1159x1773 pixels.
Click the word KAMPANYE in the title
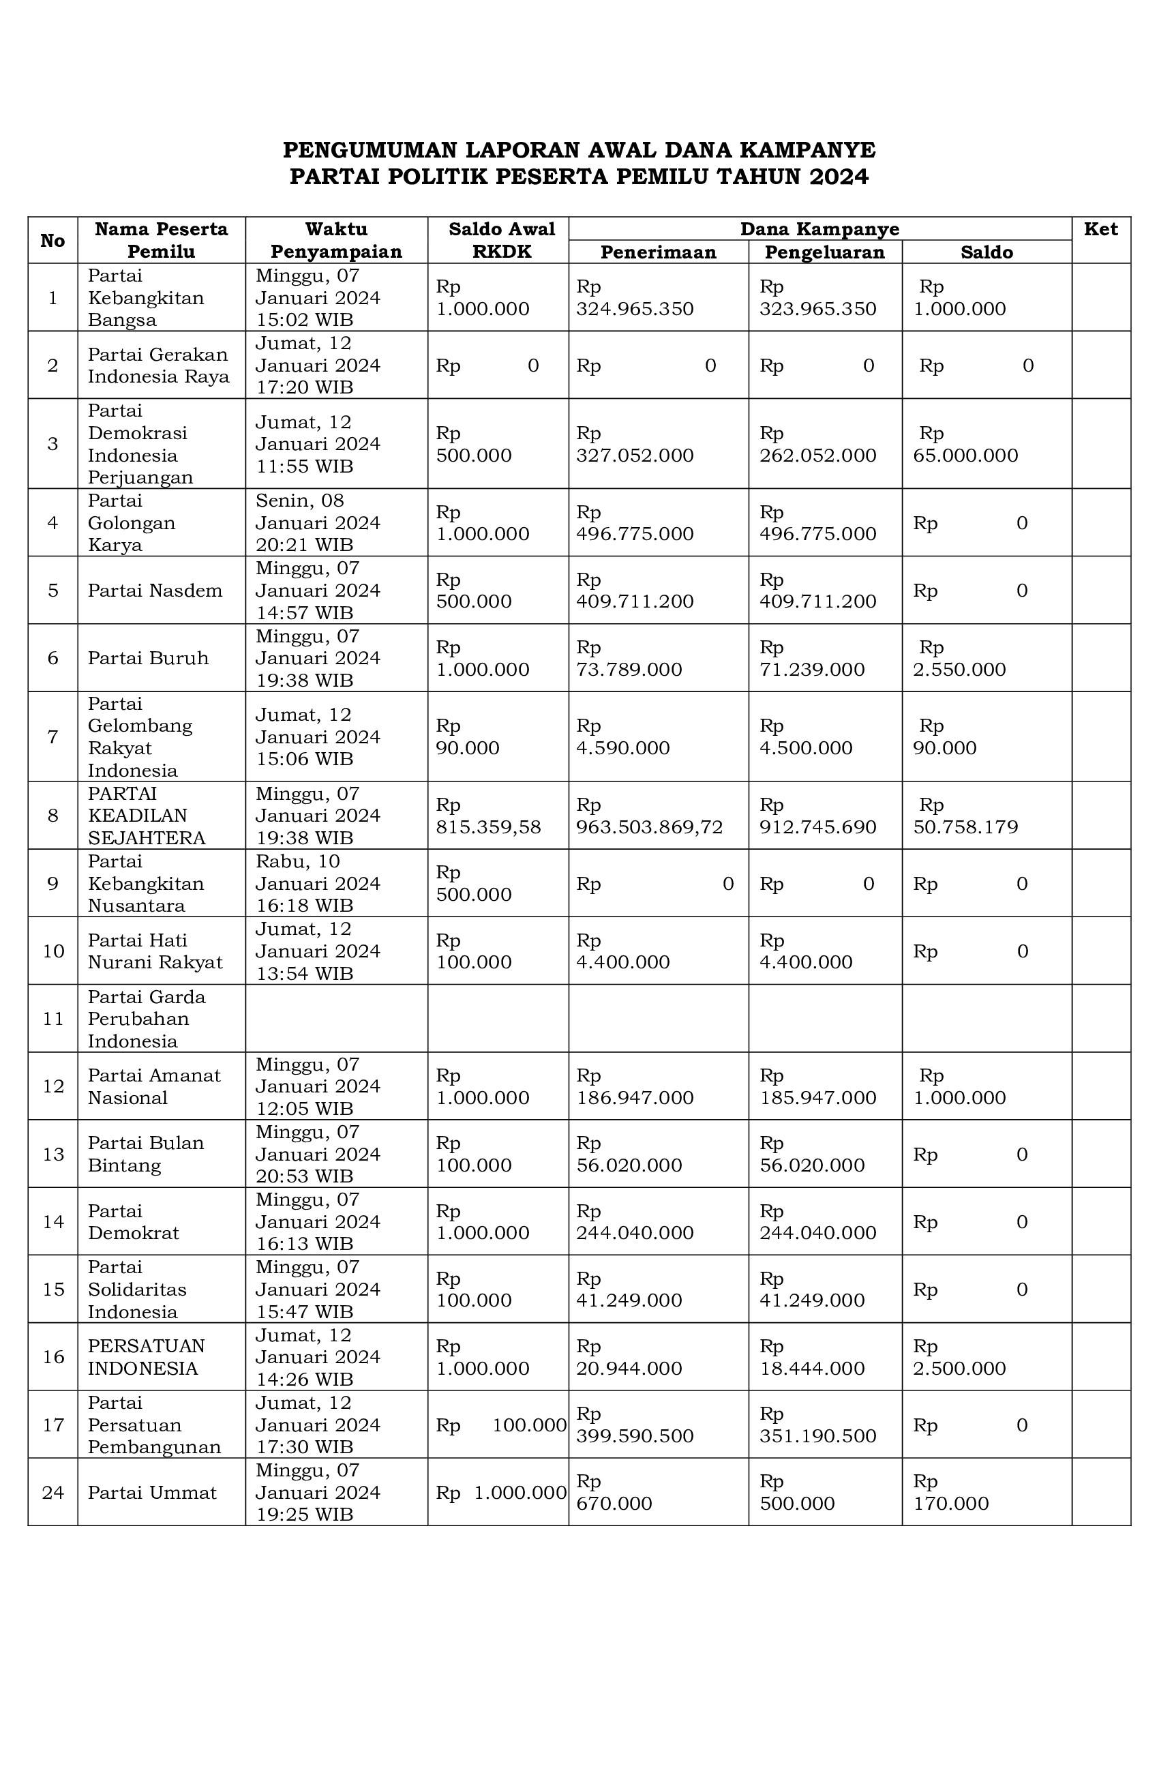pos(807,151)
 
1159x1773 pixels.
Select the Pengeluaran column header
pos(824,252)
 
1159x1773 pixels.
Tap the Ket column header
pos(1100,229)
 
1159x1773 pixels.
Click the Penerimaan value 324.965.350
pos(635,309)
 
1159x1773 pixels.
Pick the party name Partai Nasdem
pos(155,591)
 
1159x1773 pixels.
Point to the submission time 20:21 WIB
pos(305,545)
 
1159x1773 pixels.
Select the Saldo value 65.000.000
pos(965,455)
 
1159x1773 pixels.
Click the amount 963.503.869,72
pos(650,827)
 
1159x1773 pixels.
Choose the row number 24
pos(53,1492)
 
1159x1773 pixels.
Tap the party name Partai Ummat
pos(152,1492)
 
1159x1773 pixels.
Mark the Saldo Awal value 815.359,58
pos(489,827)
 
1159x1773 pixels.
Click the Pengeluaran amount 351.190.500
pos(818,1435)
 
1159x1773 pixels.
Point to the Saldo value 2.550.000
pos(959,670)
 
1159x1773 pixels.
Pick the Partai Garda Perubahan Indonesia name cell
pos(146,1018)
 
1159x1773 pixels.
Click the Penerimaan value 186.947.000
pos(635,1097)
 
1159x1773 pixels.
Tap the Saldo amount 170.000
pos(951,1504)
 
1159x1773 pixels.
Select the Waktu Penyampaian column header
pos(336,240)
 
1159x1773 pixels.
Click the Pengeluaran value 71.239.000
pos(812,670)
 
